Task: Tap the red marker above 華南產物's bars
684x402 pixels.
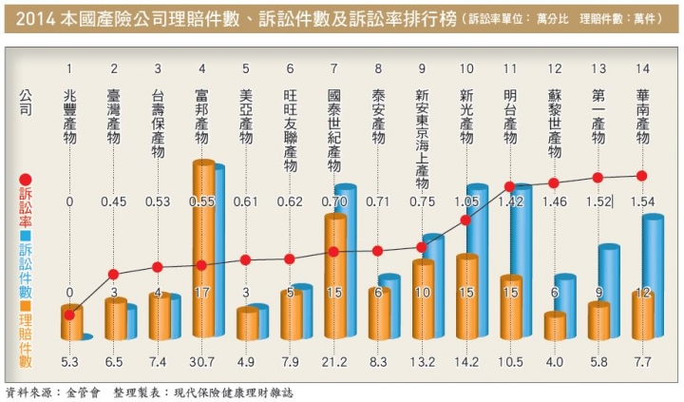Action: click(642, 176)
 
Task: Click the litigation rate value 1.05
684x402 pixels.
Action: click(465, 201)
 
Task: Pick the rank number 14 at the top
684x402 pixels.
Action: click(642, 69)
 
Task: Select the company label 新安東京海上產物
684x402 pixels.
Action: click(422, 133)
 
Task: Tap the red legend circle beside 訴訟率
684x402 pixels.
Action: click(26, 180)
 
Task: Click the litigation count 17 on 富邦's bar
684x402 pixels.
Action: click(201, 293)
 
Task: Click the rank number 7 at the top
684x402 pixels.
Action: click(333, 69)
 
